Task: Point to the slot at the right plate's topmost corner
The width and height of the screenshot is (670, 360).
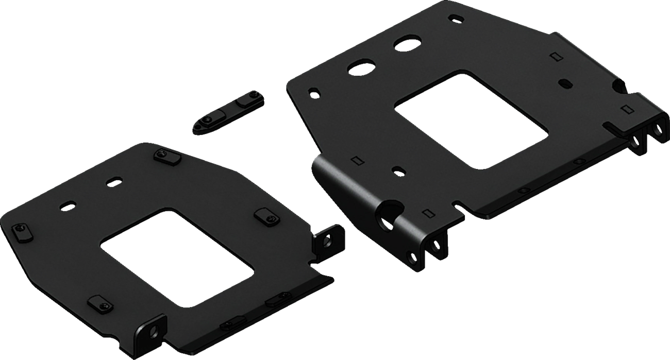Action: point(455,18)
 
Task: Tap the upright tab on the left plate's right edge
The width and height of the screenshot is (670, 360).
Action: point(326,239)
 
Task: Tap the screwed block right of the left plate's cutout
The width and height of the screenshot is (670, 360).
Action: point(264,217)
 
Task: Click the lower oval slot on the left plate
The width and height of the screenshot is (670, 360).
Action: point(66,205)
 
